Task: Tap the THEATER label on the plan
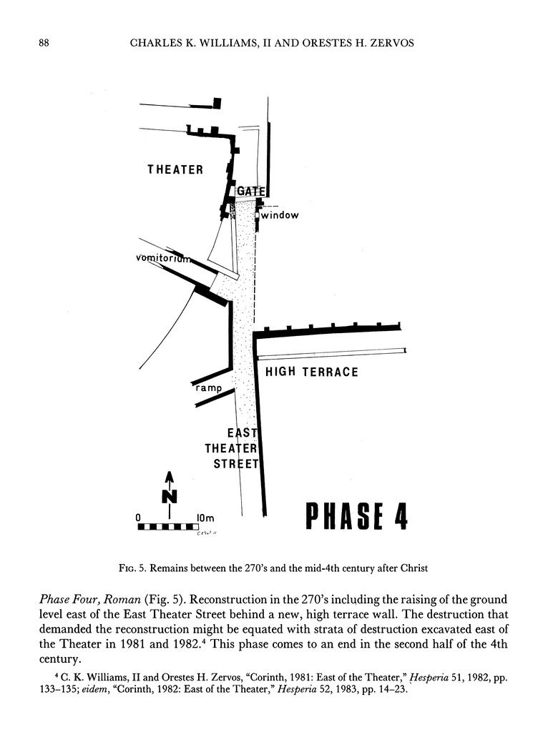point(175,169)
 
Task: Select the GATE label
point(251,191)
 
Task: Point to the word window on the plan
point(280,215)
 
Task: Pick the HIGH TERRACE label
point(312,372)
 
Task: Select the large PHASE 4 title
point(356,516)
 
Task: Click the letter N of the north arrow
point(170,495)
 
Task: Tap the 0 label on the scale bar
point(139,517)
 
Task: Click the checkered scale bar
point(168,528)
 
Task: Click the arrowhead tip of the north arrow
point(170,472)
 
